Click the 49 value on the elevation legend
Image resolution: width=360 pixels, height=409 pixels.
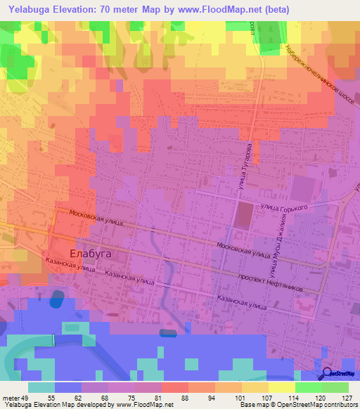click(x=27, y=397)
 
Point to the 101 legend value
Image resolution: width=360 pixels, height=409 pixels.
click(x=240, y=397)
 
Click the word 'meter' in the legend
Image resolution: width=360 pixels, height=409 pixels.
click(x=11, y=397)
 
